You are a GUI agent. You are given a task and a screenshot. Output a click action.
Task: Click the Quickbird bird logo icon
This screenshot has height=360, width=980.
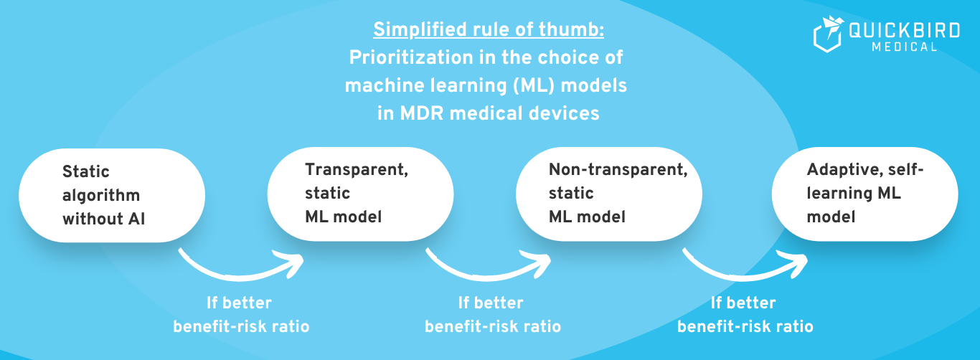[x=828, y=35]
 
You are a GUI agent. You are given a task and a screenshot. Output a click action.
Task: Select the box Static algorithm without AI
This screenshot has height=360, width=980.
[x=111, y=195]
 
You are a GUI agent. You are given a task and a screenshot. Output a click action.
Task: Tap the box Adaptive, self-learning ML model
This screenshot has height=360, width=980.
[x=864, y=194]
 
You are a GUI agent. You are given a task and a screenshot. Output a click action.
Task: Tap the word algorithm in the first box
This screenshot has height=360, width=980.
[x=101, y=195]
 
